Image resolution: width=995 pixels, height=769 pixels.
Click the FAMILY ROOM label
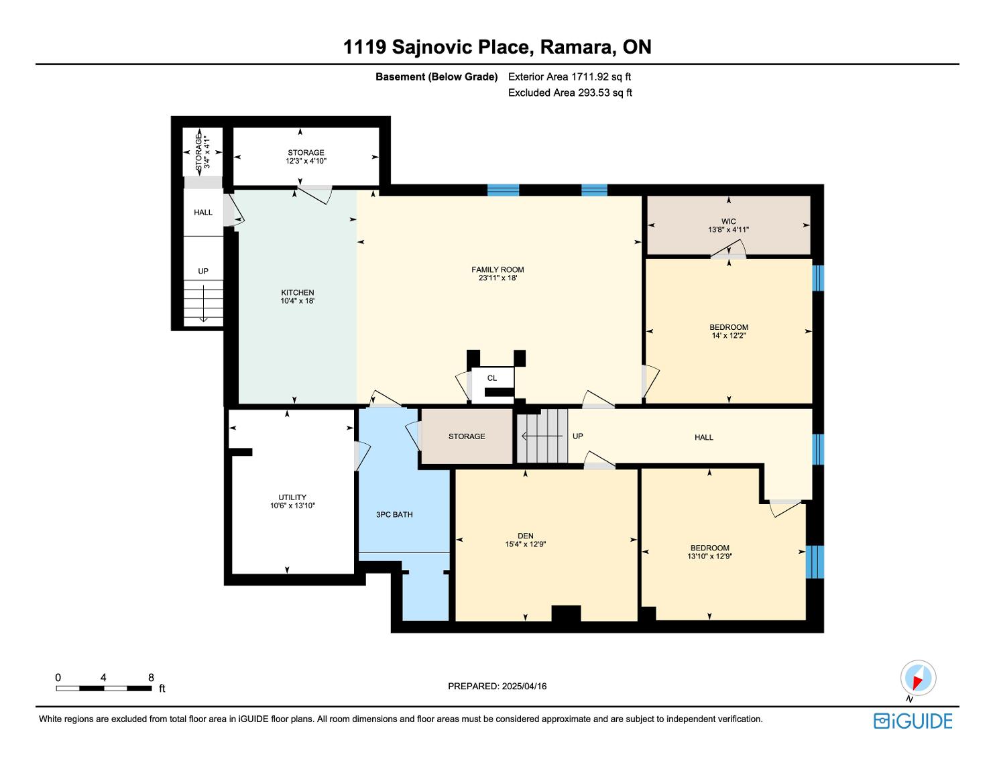click(497, 270)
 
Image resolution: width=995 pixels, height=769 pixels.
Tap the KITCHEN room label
click(298, 292)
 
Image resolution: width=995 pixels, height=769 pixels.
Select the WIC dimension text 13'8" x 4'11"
click(729, 230)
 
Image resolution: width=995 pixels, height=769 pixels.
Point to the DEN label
click(525, 536)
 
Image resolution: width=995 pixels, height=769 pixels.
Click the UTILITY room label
click(292, 497)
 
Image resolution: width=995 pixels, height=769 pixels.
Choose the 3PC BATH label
click(394, 514)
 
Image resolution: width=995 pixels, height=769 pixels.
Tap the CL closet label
click(491, 378)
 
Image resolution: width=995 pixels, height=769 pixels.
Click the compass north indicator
click(918, 678)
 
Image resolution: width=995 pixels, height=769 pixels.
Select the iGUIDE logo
click(913, 721)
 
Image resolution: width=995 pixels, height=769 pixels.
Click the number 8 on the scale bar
click(151, 677)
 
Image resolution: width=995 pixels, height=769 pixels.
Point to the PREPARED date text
click(497, 686)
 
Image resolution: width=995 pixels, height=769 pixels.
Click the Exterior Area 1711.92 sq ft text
click(570, 77)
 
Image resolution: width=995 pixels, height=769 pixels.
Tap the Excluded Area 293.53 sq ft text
click(570, 93)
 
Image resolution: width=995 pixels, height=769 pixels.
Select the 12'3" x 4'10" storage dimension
click(306, 161)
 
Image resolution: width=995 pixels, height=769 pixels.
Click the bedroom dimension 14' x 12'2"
click(729, 335)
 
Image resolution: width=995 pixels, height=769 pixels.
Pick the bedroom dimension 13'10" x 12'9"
click(710, 556)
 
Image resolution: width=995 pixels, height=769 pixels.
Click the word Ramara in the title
click(577, 47)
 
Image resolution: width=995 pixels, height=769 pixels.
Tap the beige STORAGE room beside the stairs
click(467, 436)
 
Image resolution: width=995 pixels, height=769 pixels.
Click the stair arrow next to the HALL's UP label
click(542, 436)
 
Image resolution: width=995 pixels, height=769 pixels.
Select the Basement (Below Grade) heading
click(436, 77)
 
